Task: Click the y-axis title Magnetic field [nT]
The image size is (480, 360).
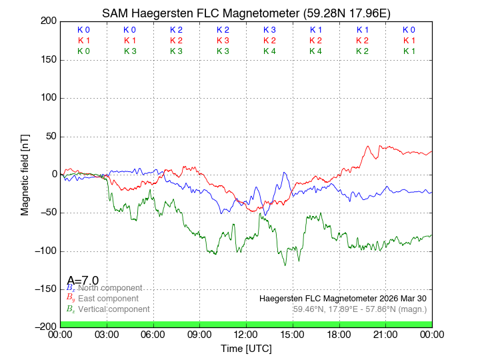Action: coord(25,174)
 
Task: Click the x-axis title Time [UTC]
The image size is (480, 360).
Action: coord(246,349)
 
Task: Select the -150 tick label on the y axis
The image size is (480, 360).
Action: coord(47,289)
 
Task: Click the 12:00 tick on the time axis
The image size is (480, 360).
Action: coord(246,334)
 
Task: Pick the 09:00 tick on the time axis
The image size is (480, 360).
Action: coord(200,334)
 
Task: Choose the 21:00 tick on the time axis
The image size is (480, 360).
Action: coord(385,334)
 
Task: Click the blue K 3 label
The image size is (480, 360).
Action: coord(269,30)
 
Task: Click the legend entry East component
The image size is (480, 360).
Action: coord(108,298)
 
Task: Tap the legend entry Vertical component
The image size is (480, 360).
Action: coord(113,309)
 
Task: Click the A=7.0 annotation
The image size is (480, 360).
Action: coord(83,280)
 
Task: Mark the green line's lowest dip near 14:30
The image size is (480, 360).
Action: coord(285,265)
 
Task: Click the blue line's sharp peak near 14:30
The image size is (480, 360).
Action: coord(284,173)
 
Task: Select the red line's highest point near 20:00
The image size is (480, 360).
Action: coord(367,147)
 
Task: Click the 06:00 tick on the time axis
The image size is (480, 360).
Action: coord(153,334)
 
